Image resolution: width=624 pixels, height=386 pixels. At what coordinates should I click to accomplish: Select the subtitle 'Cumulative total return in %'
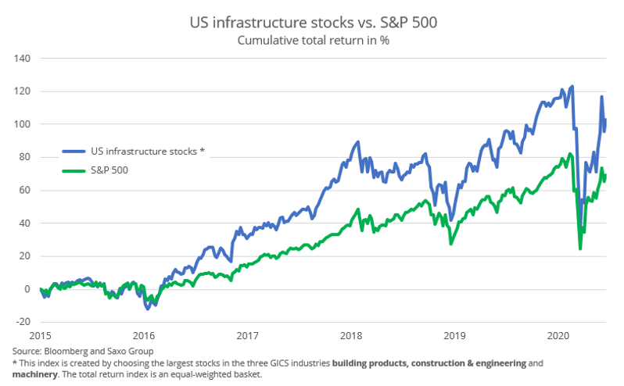[312, 41]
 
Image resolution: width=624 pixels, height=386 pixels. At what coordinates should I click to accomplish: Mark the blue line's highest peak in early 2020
[572, 87]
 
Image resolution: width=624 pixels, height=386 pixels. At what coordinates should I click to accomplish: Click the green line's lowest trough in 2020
[580, 248]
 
